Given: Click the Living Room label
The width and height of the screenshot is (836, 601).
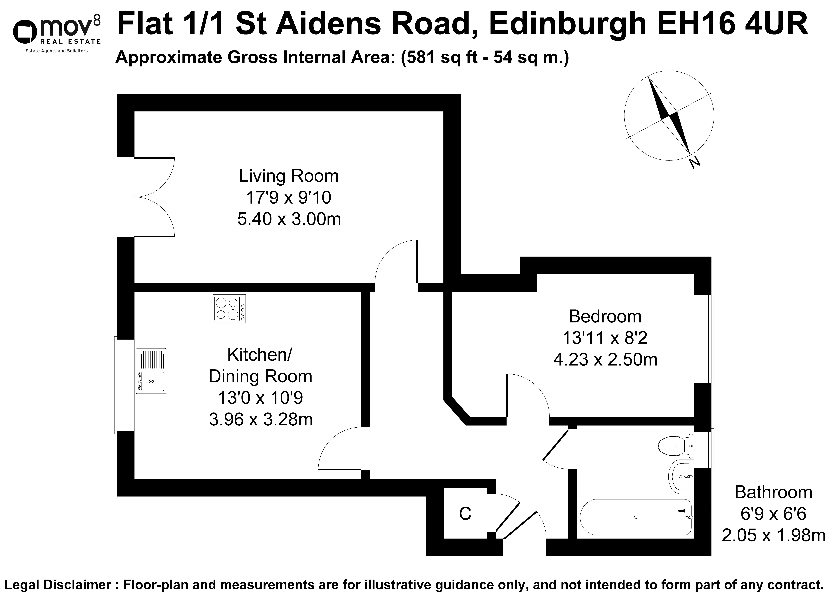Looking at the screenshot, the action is coord(289,176).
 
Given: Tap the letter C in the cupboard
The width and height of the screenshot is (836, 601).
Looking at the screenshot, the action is coord(465,514).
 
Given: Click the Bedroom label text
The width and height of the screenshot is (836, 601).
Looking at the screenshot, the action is coord(605,316).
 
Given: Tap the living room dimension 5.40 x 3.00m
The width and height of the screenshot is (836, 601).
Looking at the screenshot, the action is coord(289,220).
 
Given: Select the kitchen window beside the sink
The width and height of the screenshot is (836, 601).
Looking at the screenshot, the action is coord(116,385).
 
